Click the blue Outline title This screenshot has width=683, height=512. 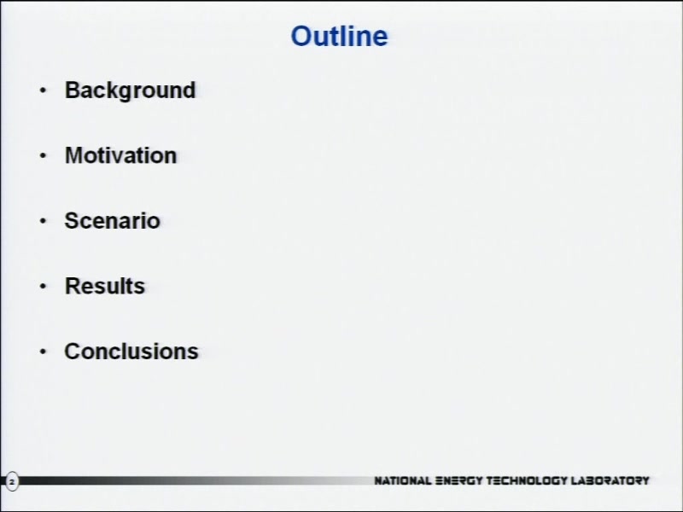[x=339, y=36]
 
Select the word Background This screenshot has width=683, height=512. [x=131, y=91]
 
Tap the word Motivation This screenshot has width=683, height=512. [x=120, y=155]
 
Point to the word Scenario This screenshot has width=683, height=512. [x=113, y=220]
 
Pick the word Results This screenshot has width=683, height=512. [x=105, y=286]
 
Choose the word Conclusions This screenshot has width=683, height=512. [x=131, y=351]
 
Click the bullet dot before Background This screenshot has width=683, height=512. [x=43, y=90]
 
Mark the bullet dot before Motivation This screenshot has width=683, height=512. [x=43, y=155]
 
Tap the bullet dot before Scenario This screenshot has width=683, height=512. [x=43, y=221]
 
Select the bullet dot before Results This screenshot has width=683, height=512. [x=43, y=286]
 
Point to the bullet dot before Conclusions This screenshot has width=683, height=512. [x=43, y=352]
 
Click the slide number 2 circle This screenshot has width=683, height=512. [x=12, y=481]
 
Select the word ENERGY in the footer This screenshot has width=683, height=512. [x=459, y=480]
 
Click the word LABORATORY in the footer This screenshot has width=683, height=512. [x=610, y=480]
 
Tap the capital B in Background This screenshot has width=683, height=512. [x=73, y=90]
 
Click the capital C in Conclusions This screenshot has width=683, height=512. [x=73, y=351]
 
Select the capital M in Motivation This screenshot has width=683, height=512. [x=74, y=155]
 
